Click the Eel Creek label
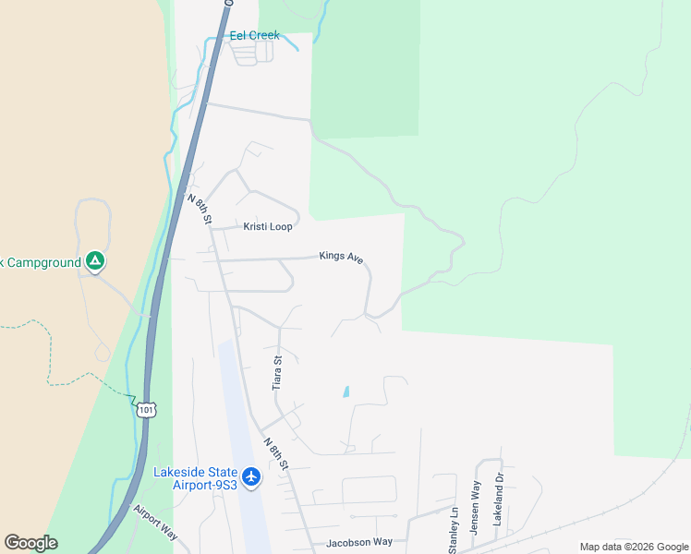click(254, 36)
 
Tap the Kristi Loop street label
click(268, 226)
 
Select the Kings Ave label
click(341, 256)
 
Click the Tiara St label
click(277, 372)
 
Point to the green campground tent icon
click(94, 261)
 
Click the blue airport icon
click(252, 478)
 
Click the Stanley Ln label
click(454, 530)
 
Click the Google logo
click(30, 543)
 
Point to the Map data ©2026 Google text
click(634, 547)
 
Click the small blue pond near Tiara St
click(346, 391)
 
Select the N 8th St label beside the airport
click(275, 452)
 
